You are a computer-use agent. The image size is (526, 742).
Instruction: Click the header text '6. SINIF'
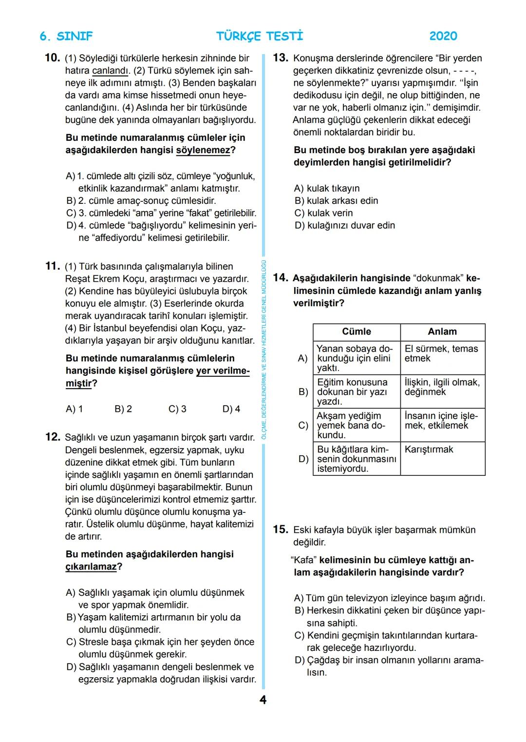click(x=66, y=36)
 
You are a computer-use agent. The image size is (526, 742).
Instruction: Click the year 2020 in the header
click(x=443, y=36)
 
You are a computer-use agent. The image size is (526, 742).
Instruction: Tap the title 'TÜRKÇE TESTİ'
click(x=260, y=36)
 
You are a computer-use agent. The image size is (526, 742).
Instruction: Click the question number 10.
click(x=52, y=58)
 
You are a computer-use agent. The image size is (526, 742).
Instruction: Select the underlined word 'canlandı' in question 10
click(x=110, y=71)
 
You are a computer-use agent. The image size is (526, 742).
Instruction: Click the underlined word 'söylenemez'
click(x=203, y=150)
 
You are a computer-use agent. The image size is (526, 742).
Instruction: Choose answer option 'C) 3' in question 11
click(x=177, y=409)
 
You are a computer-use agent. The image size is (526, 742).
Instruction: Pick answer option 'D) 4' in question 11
click(x=231, y=409)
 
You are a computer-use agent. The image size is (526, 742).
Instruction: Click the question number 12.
click(x=52, y=437)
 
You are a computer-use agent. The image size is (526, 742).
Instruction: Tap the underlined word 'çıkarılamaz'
click(x=91, y=566)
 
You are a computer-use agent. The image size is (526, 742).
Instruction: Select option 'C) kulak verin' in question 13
click(x=323, y=213)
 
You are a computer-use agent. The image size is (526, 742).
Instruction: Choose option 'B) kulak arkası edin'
click(x=336, y=201)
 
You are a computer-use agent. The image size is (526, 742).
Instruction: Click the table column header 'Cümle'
click(x=357, y=332)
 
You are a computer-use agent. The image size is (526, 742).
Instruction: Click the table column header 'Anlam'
click(x=442, y=332)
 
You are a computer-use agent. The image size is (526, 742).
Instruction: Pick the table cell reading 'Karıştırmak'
click(x=429, y=449)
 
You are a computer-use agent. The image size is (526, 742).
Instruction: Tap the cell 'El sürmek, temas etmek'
click(x=441, y=353)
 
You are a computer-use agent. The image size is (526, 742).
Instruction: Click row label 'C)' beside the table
click(x=303, y=426)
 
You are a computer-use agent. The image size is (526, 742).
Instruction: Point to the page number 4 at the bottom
click(x=263, y=700)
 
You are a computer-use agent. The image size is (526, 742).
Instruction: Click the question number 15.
click(x=280, y=529)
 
